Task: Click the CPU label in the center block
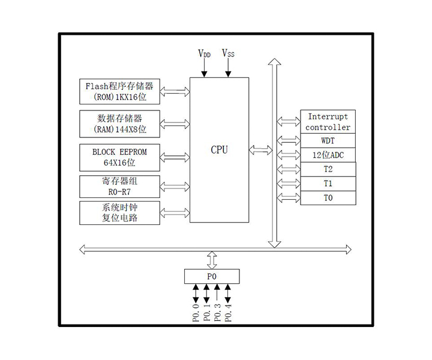click(219, 150)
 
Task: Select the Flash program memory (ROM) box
click(119, 91)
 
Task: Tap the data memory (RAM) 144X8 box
click(119, 124)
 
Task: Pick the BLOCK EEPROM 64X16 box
click(119, 157)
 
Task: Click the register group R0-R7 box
click(119, 186)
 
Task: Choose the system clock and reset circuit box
click(119, 212)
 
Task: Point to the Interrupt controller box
click(328, 122)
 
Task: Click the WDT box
click(328, 141)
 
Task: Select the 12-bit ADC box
click(328, 155)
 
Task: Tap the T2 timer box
click(328, 169)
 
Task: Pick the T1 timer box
click(328, 184)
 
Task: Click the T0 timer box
click(328, 198)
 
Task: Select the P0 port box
click(211, 277)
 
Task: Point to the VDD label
click(205, 53)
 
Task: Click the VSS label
click(228, 53)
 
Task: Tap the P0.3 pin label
click(217, 312)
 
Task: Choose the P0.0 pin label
click(196, 312)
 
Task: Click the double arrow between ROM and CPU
click(175, 91)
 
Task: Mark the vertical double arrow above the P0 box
click(211, 260)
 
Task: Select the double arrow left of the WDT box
click(289, 141)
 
